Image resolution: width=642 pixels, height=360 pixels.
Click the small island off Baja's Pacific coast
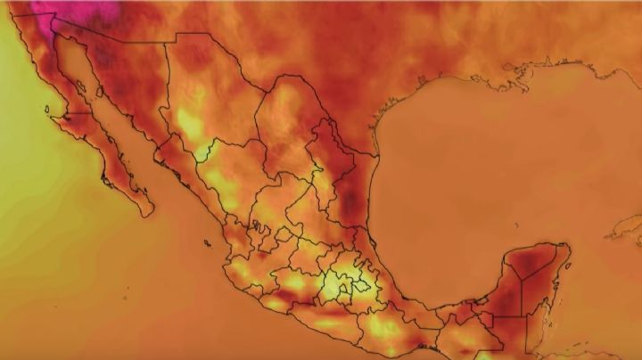(x=45, y=110)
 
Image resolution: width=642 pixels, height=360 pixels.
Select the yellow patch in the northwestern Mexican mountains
(x=189, y=120)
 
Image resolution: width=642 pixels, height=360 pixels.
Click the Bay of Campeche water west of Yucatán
(x=446, y=276)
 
